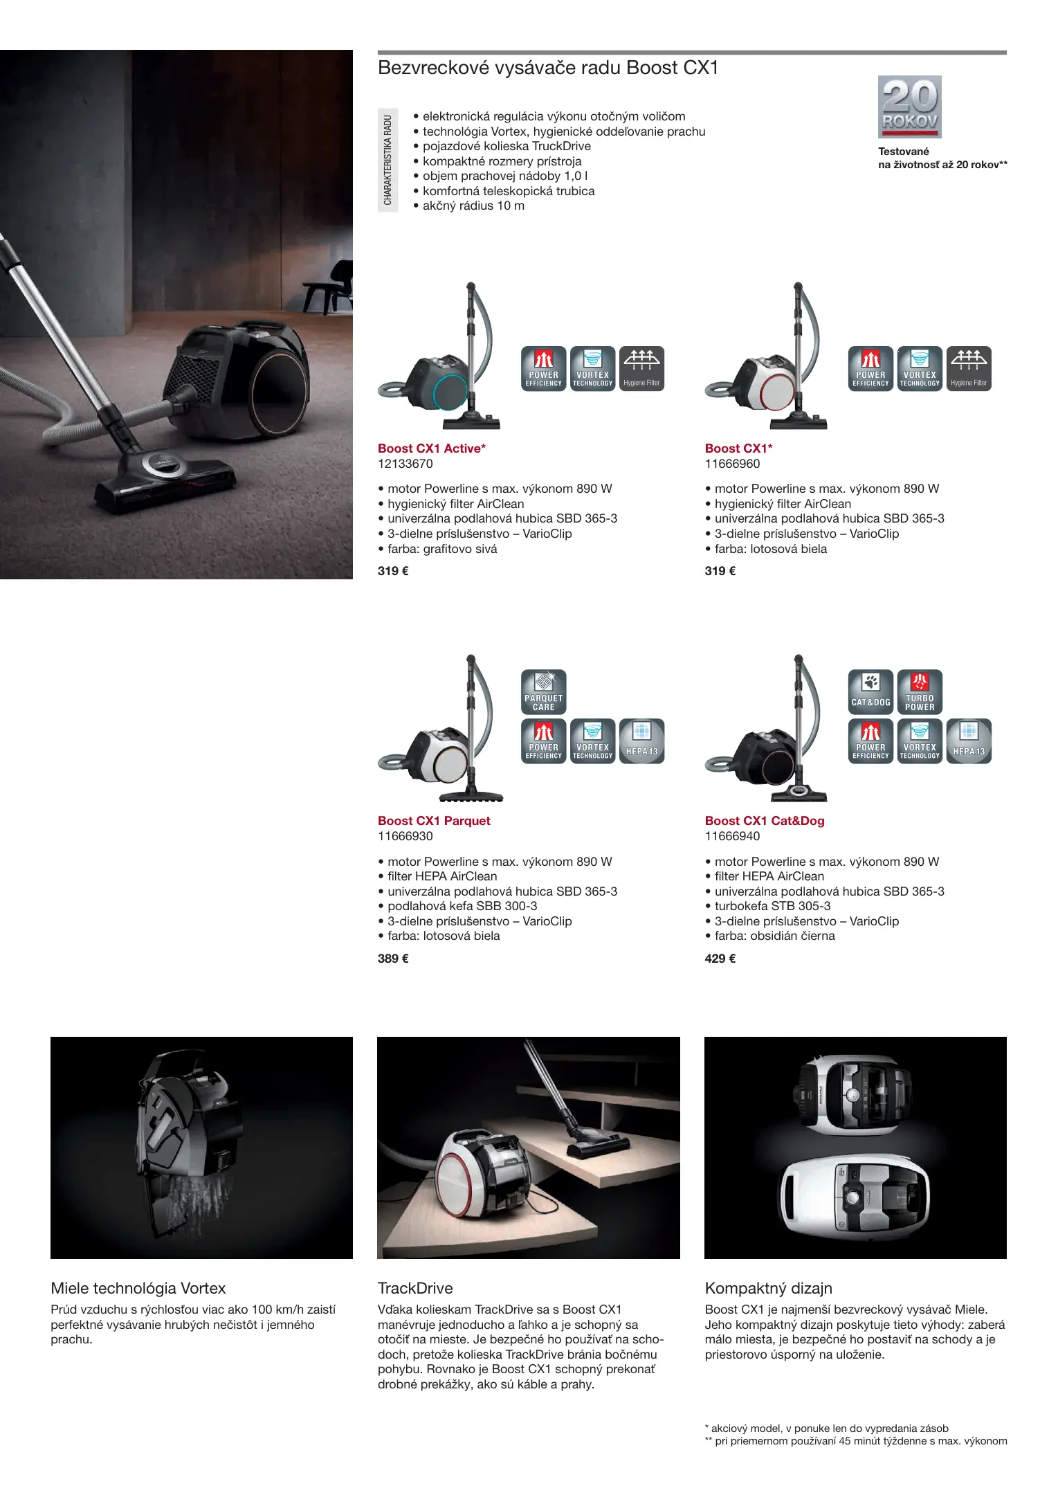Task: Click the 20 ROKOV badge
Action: pos(909,107)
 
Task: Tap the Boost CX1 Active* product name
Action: pos(432,448)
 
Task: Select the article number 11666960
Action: pos(732,464)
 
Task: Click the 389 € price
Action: pos(393,959)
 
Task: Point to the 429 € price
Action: pos(720,959)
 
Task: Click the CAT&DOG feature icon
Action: pos(870,691)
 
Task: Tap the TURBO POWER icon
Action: pos(920,691)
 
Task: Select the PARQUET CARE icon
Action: pos(544,691)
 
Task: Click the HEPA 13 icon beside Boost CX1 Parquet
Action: pos(642,741)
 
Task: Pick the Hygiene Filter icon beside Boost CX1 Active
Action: pos(642,369)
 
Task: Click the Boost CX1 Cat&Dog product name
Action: pos(765,821)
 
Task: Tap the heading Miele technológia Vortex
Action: pos(138,1288)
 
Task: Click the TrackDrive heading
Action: pos(415,1288)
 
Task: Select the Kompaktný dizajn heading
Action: pos(769,1288)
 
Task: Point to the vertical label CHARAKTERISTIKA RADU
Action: pos(387,160)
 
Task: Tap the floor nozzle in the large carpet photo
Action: pos(165,477)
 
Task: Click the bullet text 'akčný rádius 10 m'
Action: pos(473,206)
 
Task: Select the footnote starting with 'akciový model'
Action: pos(827,1429)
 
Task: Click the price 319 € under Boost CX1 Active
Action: pos(393,571)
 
